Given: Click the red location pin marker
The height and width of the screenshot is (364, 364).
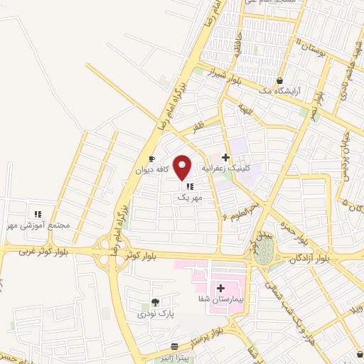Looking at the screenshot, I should coord(183,167).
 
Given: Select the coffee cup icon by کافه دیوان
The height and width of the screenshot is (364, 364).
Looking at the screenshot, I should coord(151,159).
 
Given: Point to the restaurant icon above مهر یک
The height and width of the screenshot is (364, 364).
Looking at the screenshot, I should coord(189,186).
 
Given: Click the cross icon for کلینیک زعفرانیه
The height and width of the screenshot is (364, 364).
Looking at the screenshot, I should coord(226,158).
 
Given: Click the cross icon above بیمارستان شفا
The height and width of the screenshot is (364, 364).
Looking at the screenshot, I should coord(220,289).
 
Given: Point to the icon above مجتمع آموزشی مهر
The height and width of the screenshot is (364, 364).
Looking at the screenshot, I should coord(38,213).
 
